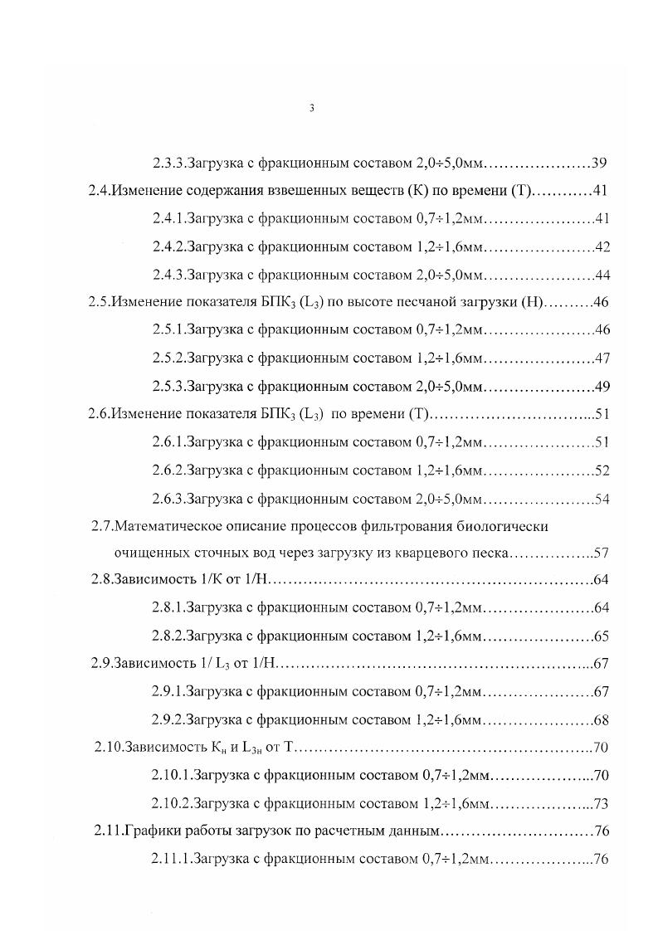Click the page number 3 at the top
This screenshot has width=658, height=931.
[x=311, y=108]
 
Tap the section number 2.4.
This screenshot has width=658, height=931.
[x=100, y=190]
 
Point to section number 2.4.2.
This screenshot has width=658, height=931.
[x=169, y=246]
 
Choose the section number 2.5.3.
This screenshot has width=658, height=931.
[x=169, y=386]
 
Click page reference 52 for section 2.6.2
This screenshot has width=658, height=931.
[x=602, y=470]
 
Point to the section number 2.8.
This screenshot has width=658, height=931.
[x=102, y=579]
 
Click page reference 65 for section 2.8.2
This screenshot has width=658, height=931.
[x=602, y=636]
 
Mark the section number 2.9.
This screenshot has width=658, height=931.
[x=102, y=663]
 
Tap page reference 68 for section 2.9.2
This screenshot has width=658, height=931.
[x=602, y=719]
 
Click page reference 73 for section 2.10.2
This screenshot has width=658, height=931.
[x=602, y=804]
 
